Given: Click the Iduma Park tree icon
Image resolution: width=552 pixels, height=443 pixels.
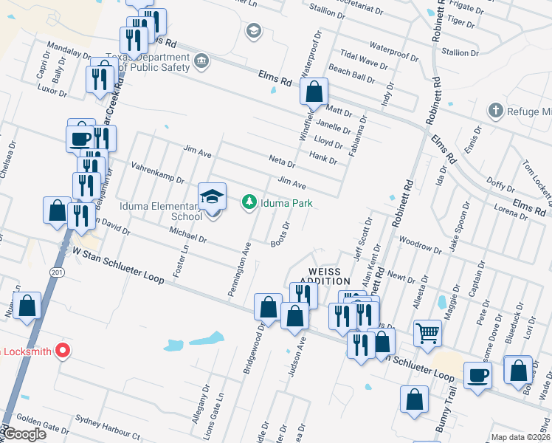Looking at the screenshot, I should pyautogui.click(x=249, y=202).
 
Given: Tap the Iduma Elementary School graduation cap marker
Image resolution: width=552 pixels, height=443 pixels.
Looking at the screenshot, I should pyautogui.click(x=212, y=196).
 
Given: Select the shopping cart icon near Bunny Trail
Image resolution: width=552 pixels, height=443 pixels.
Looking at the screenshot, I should pyautogui.click(x=427, y=333).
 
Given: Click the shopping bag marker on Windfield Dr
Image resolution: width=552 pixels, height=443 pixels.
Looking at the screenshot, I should pyautogui.click(x=314, y=93).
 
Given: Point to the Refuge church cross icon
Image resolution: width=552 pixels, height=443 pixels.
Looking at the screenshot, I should pyautogui.click(x=495, y=111).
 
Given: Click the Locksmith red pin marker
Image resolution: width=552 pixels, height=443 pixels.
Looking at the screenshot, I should pyautogui.click(x=63, y=351).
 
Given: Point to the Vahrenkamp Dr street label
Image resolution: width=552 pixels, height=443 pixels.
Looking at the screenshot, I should pyautogui.click(x=158, y=174).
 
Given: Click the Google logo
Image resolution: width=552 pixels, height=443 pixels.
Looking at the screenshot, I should pyautogui.click(x=25, y=434).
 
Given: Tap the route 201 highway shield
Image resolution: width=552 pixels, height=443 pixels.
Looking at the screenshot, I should pyautogui.click(x=56, y=272).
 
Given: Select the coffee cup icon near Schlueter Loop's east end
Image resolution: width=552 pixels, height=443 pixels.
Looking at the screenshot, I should pyautogui.click(x=477, y=374).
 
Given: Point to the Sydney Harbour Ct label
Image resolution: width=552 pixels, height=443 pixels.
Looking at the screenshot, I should pyautogui.click(x=108, y=430).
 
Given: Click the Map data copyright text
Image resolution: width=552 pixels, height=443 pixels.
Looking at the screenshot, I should pyautogui.click(x=520, y=437).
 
